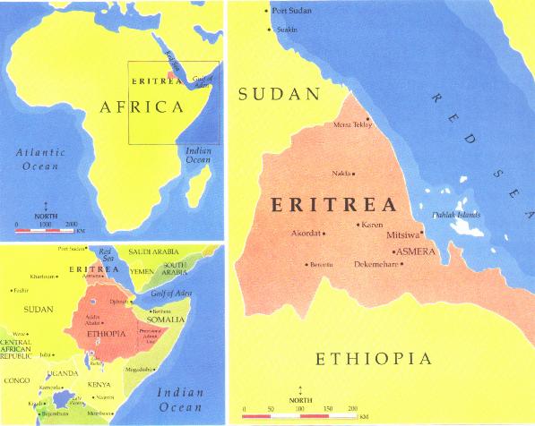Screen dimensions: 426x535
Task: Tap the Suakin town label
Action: click(x=287, y=30)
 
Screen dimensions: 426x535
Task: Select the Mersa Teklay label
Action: click(x=351, y=124)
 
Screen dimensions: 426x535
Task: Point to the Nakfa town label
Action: click(x=341, y=174)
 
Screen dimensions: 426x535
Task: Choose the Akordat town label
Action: click(x=306, y=234)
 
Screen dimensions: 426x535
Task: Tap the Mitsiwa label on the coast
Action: click(x=401, y=234)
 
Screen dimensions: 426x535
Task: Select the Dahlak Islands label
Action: click(x=456, y=214)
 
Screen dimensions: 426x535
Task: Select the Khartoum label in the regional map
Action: click(x=43, y=277)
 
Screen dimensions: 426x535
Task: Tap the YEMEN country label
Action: click(x=142, y=269)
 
